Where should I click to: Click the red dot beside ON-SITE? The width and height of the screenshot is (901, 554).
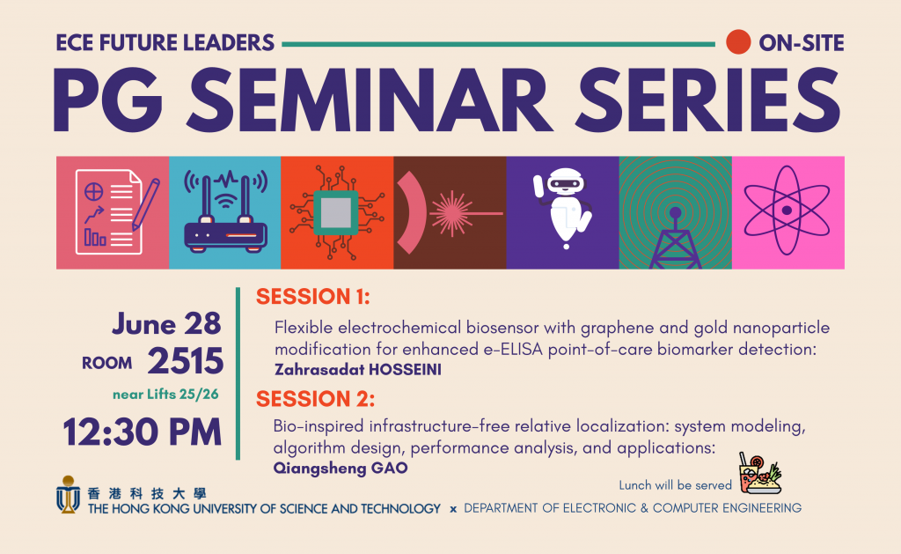[738, 42]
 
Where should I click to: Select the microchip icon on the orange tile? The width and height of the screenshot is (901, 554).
[337, 213]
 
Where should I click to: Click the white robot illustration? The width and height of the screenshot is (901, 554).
[563, 208]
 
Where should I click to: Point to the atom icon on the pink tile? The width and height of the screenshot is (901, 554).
[787, 211]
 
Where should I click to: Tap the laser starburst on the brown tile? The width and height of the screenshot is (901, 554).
[452, 213]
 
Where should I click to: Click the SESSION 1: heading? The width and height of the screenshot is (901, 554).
[313, 297]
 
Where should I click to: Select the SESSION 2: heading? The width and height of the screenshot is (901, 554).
[316, 399]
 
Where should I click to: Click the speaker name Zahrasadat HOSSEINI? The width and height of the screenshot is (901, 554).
[358, 369]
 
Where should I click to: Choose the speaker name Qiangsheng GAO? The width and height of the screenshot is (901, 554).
[341, 468]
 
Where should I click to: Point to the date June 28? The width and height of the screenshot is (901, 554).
[166, 324]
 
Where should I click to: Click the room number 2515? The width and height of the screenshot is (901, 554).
[185, 361]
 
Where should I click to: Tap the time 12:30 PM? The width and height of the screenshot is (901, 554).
[142, 432]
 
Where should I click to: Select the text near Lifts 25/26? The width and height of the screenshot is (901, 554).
[165, 394]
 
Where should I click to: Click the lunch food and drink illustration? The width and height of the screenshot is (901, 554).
[760, 474]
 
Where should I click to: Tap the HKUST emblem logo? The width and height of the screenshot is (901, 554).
[68, 494]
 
